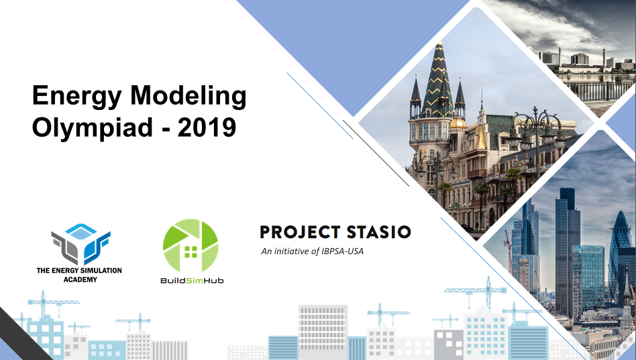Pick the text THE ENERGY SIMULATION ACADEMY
pyautogui.click(x=79, y=275)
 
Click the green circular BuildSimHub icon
pyautogui.click(x=191, y=245)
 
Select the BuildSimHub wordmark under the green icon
pyautogui.click(x=192, y=280)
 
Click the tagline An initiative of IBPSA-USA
pyautogui.click(x=313, y=251)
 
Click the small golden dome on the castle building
pyautogui.click(x=458, y=123)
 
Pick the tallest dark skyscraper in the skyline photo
pyautogui.click(x=567, y=251)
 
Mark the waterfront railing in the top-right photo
pyautogui.click(x=600, y=91)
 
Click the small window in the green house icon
pyautogui.click(x=191, y=252)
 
